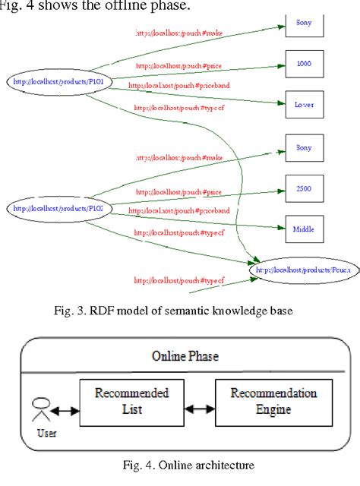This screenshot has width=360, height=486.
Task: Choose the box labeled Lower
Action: (303, 104)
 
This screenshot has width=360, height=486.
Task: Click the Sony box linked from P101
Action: (303, 24)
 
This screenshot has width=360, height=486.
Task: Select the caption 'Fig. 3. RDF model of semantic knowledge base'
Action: (180, 310)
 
